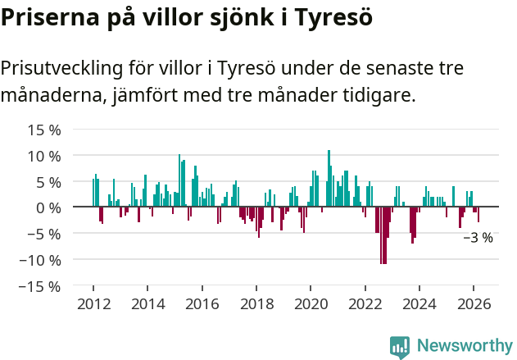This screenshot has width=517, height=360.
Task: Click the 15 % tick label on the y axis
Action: coord(44,130)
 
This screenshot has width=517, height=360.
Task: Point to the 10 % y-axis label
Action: coord(44,156)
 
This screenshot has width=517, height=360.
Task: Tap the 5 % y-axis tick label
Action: coord(48,182)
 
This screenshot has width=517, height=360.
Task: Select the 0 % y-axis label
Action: coord(48,207)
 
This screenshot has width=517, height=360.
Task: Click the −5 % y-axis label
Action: coord(44,234)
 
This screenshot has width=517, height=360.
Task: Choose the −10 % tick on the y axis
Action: coord(40,260)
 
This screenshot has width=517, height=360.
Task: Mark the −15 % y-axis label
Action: coord(40,286)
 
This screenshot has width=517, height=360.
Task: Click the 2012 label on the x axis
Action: coord(93,303)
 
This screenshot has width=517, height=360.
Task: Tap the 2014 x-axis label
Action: coord(147,303)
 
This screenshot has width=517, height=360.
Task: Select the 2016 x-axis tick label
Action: coord(202,303)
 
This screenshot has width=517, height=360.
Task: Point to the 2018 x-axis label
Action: coord(256,303)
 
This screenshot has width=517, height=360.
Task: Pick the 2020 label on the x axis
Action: coord(311,303)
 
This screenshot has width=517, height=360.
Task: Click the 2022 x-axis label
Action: coord(365,303)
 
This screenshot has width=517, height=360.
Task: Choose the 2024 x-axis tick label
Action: coord(419,303)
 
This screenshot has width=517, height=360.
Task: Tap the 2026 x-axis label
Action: coord(474,303)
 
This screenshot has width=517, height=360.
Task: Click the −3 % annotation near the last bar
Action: coord(478,238)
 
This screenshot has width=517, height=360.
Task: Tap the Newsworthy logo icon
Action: coord(400,346)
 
